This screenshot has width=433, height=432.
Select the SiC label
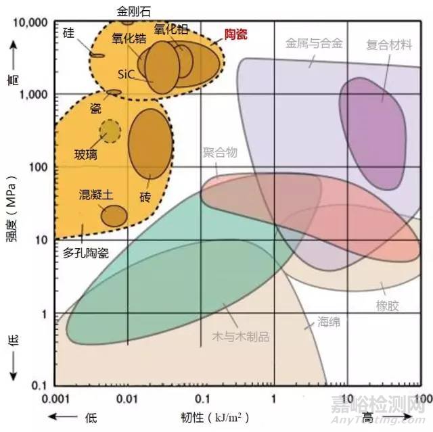(126, 73)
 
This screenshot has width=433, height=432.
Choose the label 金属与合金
(314, 44)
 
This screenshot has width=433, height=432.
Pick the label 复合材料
(389, 45)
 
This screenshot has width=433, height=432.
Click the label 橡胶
(388, 306)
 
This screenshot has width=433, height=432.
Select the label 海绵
(329, 322)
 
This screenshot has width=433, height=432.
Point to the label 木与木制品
(240, 336)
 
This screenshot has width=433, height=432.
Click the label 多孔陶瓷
(86, 252)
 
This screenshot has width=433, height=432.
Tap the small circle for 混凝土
(114, 215)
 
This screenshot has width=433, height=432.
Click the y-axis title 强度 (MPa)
(12, 214)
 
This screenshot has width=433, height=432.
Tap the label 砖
(145, 197)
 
